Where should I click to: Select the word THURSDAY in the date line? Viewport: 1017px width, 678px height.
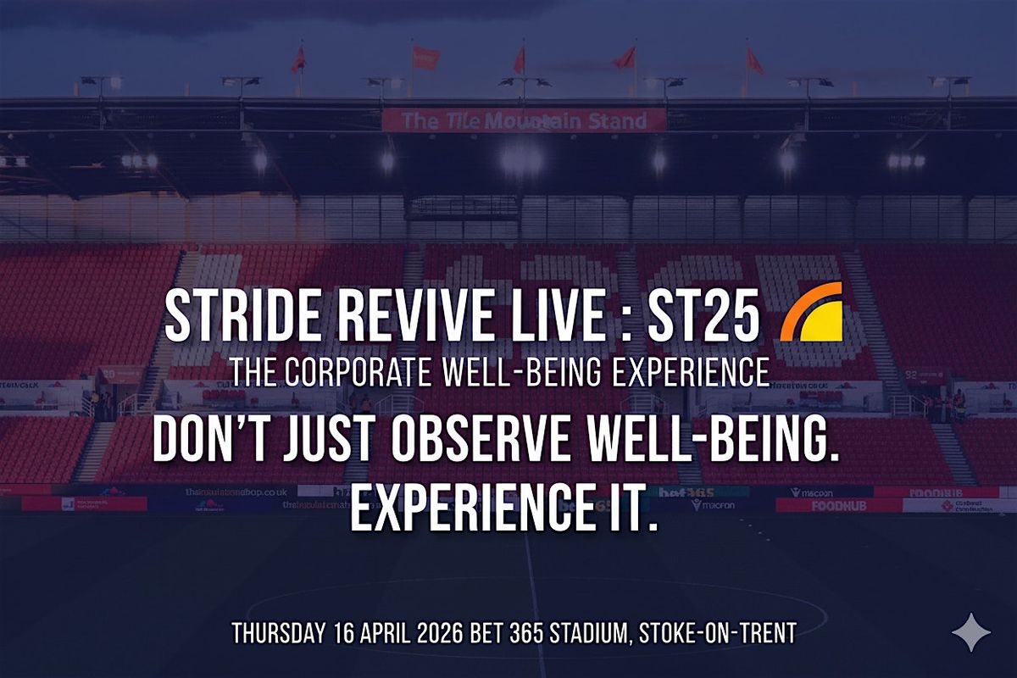tap(276, 633)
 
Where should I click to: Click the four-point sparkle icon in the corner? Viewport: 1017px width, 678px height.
tap(969, 633)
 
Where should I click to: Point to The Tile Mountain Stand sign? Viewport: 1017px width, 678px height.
tap(524, 120)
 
